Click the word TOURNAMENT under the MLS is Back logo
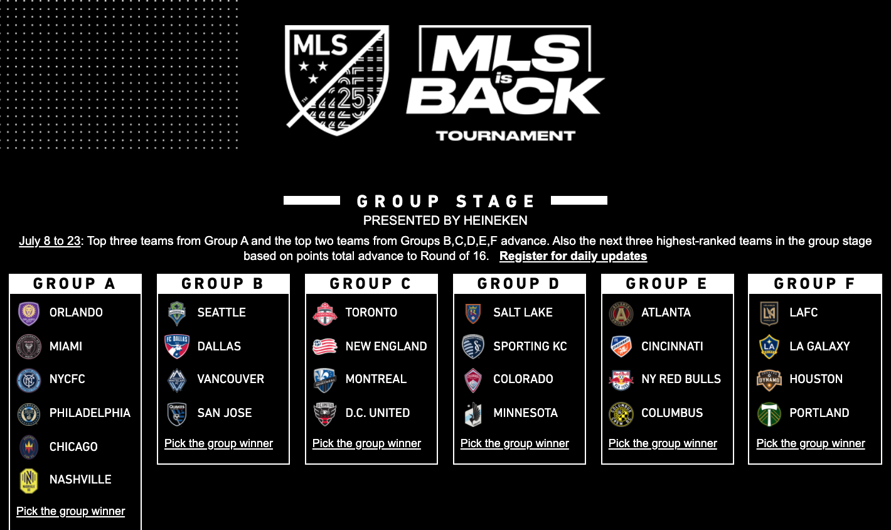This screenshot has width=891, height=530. click(x=505, y=136)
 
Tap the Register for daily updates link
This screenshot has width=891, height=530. click(x=573, y=256)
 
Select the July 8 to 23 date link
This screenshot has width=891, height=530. click(x=50, y=241)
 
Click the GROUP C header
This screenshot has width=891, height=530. click(x=370, y=284)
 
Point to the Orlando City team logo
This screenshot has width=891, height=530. click(x=28, y=313)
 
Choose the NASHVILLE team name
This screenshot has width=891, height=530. click(x=80, y=480)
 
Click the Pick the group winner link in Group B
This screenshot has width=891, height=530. click(x=218, y=443)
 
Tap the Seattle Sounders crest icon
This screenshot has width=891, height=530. click(x=176, y=313)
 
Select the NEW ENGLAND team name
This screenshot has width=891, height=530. click(x=386, y=347)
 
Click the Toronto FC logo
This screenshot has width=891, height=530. click(x=324, y=313)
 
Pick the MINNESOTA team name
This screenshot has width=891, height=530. click(x=525, y=413)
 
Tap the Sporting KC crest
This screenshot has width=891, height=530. click(x=472, y=347)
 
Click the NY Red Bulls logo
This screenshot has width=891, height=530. click(x=621, y=379)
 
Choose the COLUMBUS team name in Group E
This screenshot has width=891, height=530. click(x=671, y=413)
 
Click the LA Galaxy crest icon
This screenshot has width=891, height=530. click(x=769, y=347)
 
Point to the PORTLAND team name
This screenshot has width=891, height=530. click(x=819, y=413)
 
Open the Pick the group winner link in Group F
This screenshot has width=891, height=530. click(x=810, y=443)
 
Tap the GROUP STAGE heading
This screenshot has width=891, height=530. click(x=446, y=202)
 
